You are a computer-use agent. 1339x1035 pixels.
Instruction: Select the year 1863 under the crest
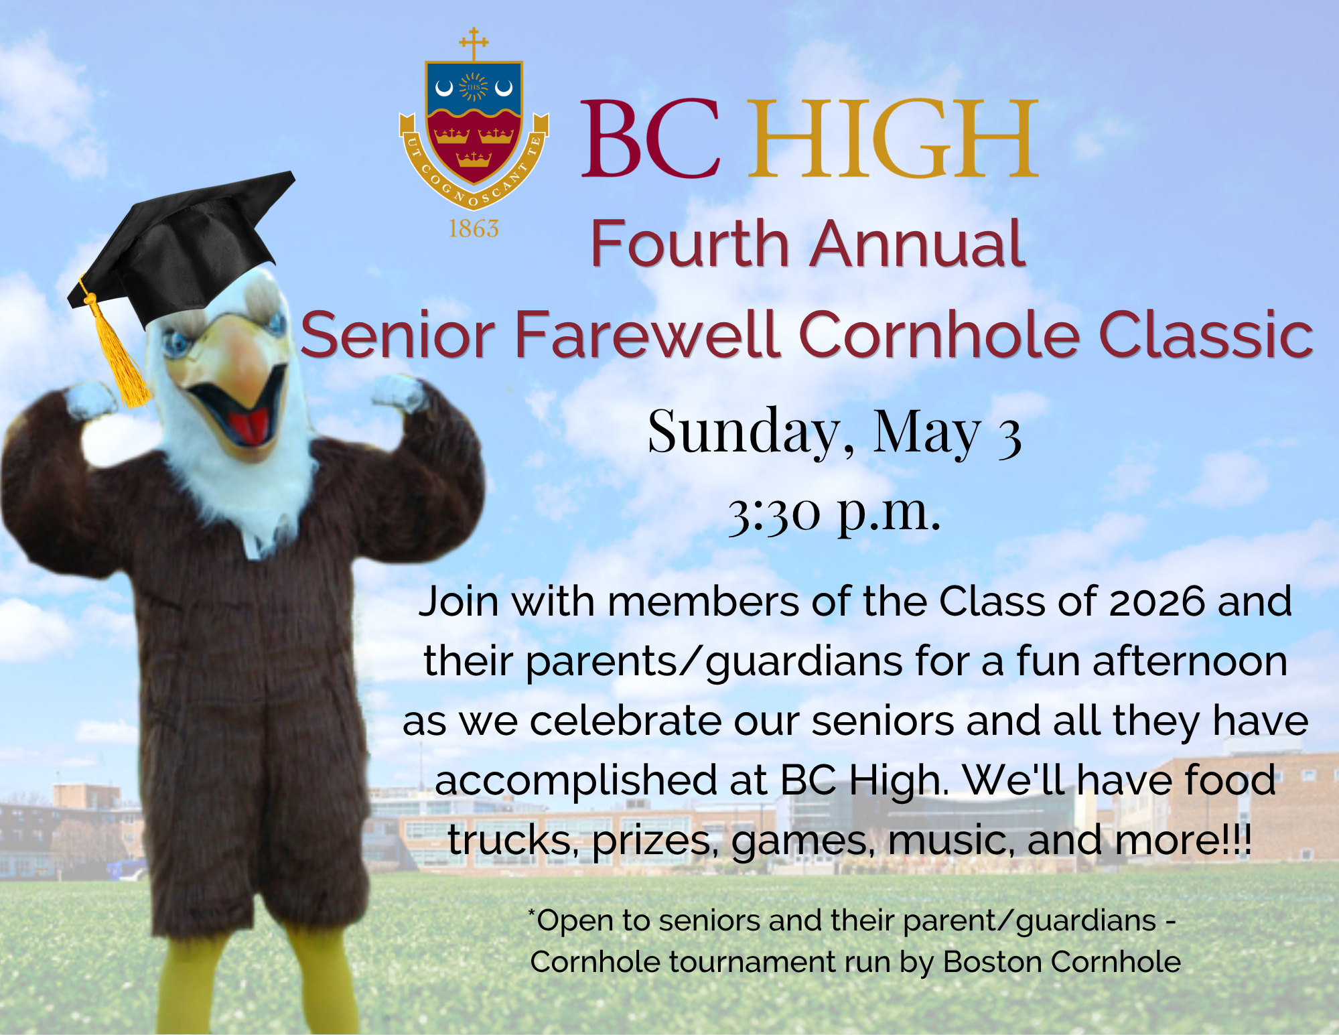(474, 229)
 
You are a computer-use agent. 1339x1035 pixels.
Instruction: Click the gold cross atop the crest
(474, 44)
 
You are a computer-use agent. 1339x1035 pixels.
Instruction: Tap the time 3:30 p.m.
(835, 513)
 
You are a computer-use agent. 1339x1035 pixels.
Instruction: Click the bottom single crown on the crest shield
(474, 159)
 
